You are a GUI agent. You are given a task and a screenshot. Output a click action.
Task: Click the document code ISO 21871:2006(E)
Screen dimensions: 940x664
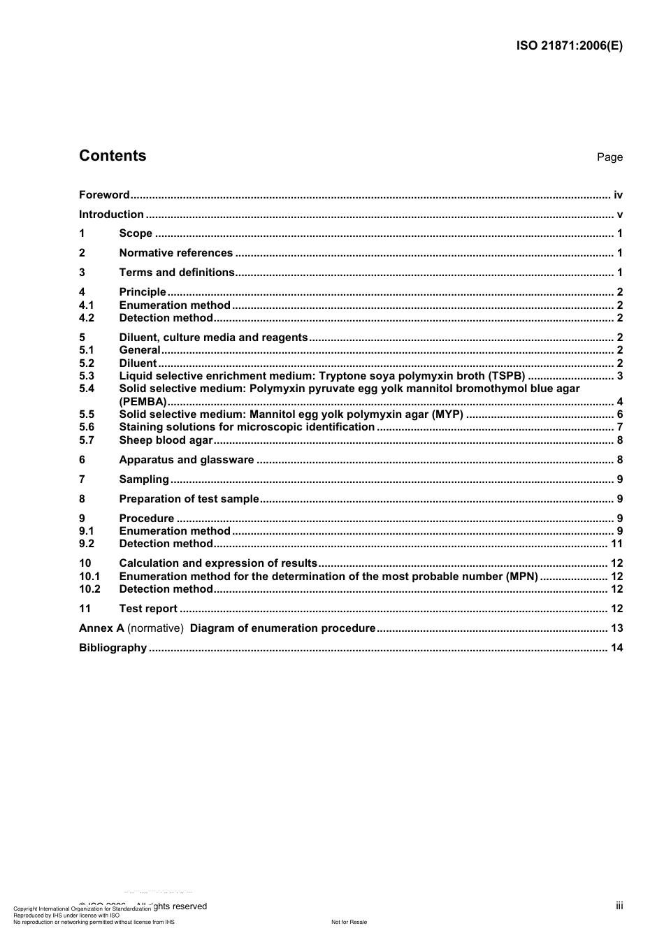point(569,46)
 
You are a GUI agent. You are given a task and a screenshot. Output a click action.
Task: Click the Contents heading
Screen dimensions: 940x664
point(113,156)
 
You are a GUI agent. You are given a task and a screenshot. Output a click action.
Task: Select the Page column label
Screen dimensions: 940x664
point(609,157)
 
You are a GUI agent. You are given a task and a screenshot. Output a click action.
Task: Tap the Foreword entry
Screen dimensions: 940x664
point(104,195)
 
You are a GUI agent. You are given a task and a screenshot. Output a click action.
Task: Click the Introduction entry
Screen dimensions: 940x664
point(111,215)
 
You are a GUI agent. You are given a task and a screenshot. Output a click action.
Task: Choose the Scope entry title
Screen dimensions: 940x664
point(136,233)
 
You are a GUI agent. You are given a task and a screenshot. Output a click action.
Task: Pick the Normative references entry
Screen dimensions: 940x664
point(175,253)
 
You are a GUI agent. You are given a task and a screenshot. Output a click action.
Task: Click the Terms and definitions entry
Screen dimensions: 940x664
point(177,273)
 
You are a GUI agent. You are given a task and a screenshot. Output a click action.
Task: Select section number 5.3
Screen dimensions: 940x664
point(87,376)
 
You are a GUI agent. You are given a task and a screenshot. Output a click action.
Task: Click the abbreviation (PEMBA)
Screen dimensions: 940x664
point(143,402)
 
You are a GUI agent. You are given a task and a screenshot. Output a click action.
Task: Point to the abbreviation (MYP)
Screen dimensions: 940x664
point(447,414)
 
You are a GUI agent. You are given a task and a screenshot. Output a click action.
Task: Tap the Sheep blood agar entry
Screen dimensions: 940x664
point(166,440)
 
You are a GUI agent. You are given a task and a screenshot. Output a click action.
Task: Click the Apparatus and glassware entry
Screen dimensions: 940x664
point(187,460)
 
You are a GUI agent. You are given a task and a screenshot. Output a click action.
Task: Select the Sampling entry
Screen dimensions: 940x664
point(144,479)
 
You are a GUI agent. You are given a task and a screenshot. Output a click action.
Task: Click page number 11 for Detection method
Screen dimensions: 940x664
point(616,544)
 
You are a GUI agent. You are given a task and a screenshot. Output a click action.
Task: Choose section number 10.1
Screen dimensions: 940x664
point(89,577)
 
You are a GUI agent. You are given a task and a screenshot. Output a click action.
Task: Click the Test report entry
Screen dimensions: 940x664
point(148,609)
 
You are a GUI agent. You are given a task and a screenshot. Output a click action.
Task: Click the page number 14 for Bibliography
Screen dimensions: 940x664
point(616,648)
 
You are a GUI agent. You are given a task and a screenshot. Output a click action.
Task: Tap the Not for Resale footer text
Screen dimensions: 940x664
point(349,922)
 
